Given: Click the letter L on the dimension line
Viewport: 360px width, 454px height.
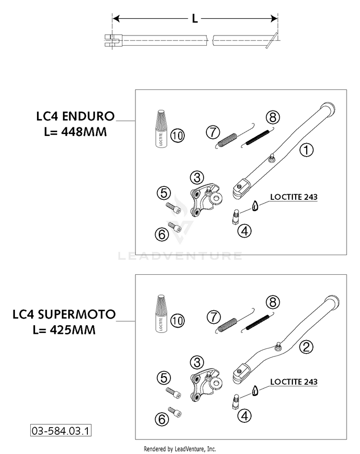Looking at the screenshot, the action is [x=195, y=19].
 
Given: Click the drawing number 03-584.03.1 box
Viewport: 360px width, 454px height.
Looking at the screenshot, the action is [x=61, y=430].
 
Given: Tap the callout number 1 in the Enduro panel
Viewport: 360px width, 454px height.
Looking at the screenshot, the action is [x=306, y=150].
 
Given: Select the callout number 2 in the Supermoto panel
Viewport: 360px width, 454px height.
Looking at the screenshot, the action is [x=306, y=346].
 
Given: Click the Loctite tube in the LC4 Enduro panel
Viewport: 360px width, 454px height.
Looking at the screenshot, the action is [x=161, y=129].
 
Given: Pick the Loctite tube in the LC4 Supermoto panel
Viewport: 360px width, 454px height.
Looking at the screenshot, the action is [x=161, y=314].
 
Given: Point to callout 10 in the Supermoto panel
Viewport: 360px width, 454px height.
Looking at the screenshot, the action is [x=178, y=320].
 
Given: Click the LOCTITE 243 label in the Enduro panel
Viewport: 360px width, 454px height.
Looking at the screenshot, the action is [x=294, y=197].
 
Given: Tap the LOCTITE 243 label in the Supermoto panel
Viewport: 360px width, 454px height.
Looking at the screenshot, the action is [x=294, y=381].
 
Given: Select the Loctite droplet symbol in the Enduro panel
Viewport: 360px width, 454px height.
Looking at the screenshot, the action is [x=255, y=206].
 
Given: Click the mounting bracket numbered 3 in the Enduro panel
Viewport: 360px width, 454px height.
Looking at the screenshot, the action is [x=205, y=200].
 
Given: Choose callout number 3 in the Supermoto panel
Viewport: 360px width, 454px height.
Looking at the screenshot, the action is [x=197, y=362].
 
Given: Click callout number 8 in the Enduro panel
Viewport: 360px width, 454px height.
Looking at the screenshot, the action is [x=273, y=117].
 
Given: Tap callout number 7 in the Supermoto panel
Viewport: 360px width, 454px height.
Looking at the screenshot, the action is [x=214, y=317].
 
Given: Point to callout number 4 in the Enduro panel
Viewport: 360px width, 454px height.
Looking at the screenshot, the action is [x=244, y=231].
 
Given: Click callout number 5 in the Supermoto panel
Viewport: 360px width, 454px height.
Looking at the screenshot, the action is [x=164, y=378].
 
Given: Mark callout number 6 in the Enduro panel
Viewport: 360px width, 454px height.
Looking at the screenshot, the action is [x=162, y=234].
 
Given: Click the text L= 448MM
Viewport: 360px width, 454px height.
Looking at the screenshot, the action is [x=75, y=132].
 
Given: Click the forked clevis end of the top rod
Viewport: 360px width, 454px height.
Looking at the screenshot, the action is [x=113, y=40].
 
